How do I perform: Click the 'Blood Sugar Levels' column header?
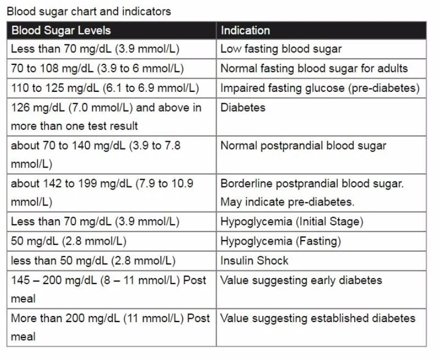pos(61,30)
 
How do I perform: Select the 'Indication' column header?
pos(245,30)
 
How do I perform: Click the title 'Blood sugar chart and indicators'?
pos(89,11)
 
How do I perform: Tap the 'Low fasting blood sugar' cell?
pos(281,49)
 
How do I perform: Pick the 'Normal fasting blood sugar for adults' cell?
pos(314,69)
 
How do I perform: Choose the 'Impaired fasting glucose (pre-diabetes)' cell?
pos(320,88)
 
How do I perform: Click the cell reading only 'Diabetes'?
pos(243,108)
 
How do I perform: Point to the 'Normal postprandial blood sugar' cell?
pos(303,146)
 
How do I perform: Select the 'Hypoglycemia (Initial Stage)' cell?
pos(291,222)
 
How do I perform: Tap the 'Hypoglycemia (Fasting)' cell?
pos(280,241)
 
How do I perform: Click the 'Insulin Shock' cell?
pos(254,261)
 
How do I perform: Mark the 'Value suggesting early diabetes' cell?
pos(301,280)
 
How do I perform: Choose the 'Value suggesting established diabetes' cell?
pos(317,318)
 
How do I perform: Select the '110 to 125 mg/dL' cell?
pos(105,88)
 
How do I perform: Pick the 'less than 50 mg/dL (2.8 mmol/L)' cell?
pos(93,261)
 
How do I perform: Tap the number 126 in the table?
pos(20,108)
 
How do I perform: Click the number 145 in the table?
pos(20,280)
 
